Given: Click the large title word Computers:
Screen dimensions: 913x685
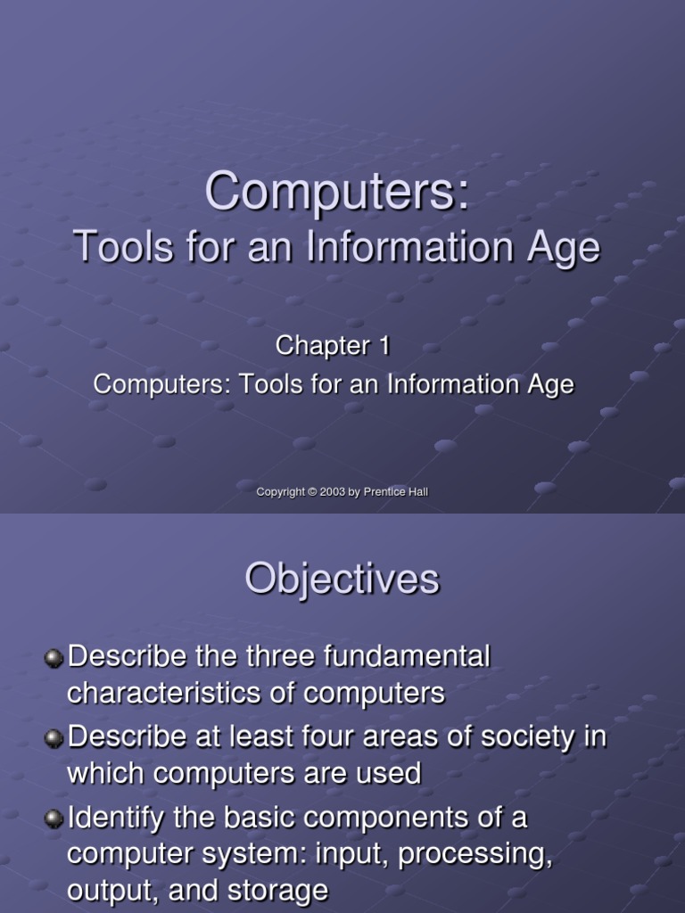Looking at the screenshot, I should point(337,191).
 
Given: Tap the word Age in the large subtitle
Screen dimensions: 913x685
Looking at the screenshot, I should point(567,247).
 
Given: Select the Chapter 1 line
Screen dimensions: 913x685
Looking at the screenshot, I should point(333,346).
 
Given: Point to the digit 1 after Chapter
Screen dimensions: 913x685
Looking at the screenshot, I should point(384,346).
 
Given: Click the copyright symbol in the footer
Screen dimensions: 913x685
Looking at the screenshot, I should point(313,492).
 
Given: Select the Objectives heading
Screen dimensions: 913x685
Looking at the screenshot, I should point(342,579).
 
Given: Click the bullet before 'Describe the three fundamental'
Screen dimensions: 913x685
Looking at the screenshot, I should point(54,658).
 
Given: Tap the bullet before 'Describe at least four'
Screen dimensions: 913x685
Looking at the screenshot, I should point(54,738).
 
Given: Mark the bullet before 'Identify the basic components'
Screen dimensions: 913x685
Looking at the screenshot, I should point(54,818).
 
